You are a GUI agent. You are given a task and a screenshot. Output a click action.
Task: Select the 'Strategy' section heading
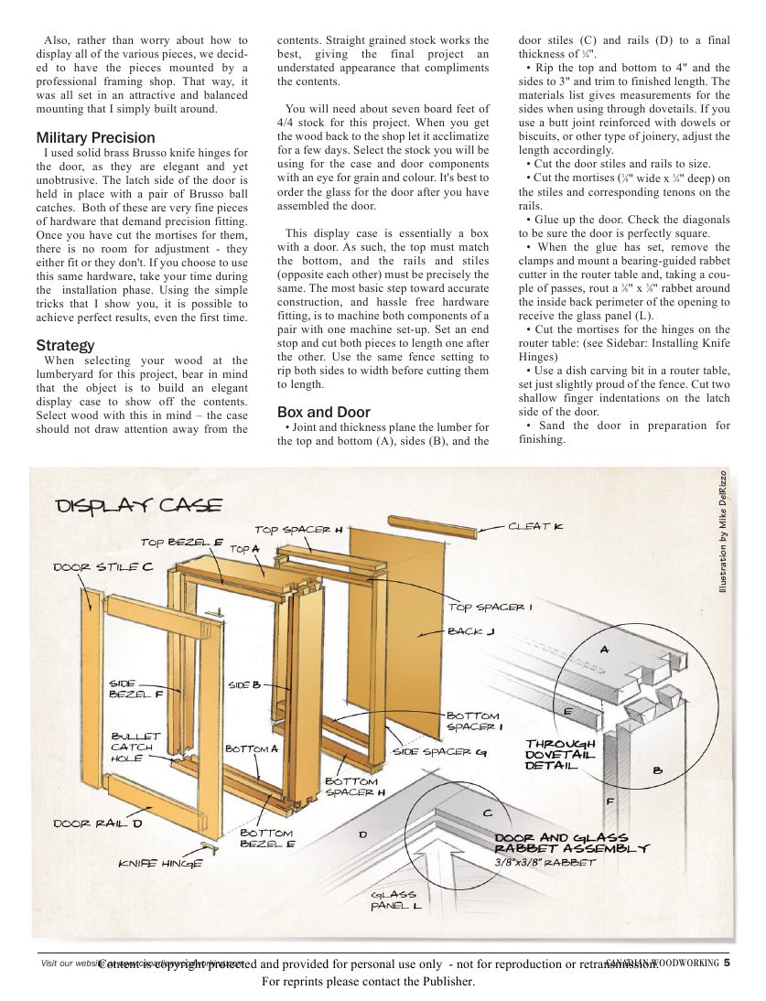[x=65, y=345]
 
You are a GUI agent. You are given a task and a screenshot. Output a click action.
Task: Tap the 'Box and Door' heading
[x=324, y=412]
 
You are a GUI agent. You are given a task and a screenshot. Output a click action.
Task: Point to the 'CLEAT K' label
[x=535, y=526]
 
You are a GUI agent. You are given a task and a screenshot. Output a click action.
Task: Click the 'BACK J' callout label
[x=471, y=631]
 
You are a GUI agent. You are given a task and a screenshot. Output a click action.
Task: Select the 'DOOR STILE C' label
[x=102, y=567]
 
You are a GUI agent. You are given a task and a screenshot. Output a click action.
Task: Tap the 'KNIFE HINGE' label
[x=160, y=863]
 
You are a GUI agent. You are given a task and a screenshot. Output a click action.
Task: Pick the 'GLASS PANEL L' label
[x=395, y=900]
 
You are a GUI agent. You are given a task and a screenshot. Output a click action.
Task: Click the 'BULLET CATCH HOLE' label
[x=135, y=747]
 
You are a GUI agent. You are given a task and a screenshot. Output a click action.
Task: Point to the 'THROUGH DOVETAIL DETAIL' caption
[x=560, y=754]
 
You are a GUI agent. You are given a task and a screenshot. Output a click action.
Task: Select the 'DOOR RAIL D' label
[x=98, y=823]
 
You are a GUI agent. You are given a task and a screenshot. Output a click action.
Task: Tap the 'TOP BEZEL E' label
[x=182, y=542]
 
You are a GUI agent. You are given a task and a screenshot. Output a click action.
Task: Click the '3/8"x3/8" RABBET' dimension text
[x=545, y=862]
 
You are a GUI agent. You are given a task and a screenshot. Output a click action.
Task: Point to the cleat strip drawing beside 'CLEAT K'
[x=433, y=528]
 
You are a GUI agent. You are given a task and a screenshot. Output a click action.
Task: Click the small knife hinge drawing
[x=210, y=848]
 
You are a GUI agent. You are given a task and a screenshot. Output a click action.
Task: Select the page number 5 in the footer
[x=726, y=962]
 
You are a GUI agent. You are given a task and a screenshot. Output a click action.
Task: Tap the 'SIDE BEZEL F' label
[x=135, y=688]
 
